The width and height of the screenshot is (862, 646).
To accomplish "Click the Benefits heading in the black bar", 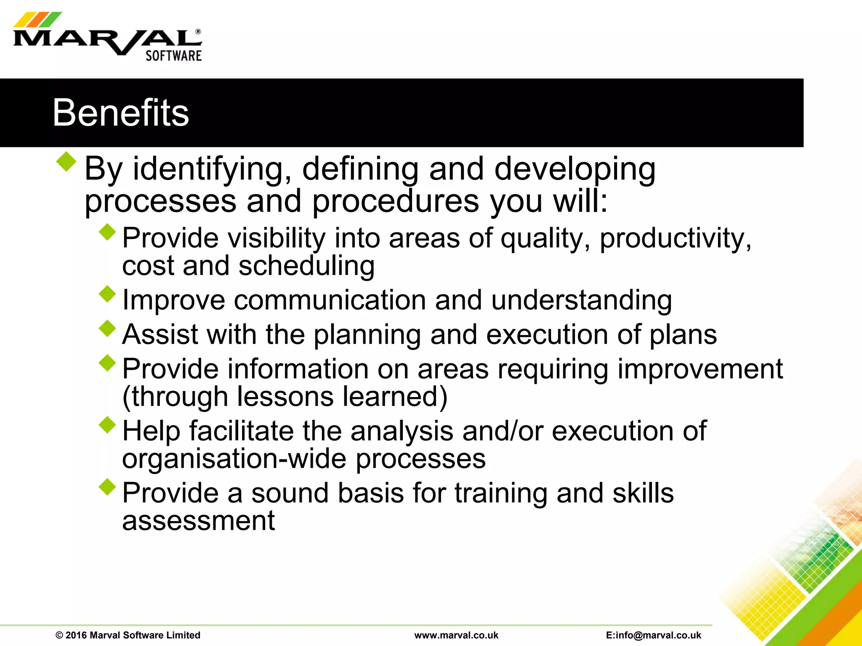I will (x=121, y=113).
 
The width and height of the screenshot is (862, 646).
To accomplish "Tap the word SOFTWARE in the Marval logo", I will (x=173, y=56).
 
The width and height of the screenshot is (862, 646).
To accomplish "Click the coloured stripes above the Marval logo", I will (x=37, y=19).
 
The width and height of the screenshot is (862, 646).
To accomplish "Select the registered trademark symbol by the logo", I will (x=198, y=32).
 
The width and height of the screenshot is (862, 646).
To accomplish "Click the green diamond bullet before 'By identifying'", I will (x=67, y=161).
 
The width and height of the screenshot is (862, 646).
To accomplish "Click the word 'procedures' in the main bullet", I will (x=395, y=201).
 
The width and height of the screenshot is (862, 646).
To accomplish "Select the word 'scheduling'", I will (x=306, y=266).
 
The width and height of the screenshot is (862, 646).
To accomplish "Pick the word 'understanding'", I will (x=581, y=300).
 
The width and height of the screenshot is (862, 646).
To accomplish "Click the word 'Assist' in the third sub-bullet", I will (x=160, y=334).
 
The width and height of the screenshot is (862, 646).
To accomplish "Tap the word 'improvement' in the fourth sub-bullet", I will (x=699, y=369).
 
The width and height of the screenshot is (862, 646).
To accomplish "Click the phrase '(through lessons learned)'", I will (x=285, y=397).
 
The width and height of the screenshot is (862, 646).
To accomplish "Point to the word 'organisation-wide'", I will (x=234, y=458).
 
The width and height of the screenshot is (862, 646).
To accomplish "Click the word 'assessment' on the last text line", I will (x=198, y=521).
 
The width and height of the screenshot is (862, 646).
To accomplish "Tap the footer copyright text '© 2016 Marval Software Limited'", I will (x=128, y=635).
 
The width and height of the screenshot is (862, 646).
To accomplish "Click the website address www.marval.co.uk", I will (x=456, y=635).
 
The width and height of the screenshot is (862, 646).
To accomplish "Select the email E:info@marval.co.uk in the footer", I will (x=654, y=635).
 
